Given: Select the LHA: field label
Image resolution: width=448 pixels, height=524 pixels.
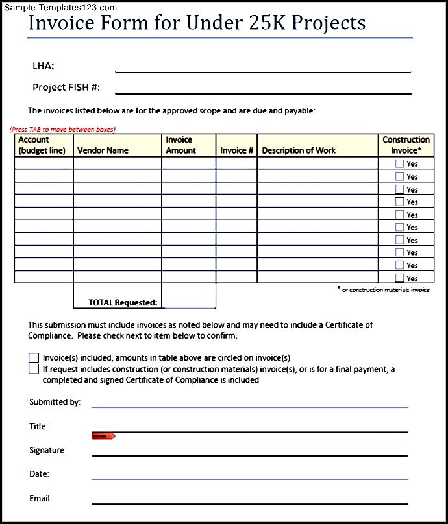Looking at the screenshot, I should coord(44,65).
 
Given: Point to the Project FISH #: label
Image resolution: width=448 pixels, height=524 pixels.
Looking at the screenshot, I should coord(66,87).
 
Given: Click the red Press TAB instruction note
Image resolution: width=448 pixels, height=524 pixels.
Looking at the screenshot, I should coord(63,129).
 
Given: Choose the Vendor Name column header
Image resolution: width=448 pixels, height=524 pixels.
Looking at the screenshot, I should coord(103,150).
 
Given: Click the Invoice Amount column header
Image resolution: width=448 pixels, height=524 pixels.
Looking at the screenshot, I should coord(180,145).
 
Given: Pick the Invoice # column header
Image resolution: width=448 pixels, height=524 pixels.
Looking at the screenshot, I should coord(237,150).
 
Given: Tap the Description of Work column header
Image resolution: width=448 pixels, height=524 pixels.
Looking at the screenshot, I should coord(299,150).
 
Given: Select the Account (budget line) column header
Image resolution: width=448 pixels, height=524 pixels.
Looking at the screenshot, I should coord(42,145).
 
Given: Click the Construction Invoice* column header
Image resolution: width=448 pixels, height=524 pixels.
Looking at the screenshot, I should coord(406,145).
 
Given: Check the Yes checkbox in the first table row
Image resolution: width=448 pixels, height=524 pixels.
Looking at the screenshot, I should coord(399,164).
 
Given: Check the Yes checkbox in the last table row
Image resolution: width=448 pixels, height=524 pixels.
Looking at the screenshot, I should coord(399,278).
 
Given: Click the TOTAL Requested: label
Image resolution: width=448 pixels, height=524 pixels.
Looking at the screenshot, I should coord(123,302).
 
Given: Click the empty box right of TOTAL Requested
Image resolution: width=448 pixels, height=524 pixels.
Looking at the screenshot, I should coord(188,296).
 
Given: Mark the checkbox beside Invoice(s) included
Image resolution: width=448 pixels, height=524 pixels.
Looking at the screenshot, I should coord(34,357).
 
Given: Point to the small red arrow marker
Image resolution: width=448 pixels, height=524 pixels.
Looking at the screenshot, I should coord(103,436).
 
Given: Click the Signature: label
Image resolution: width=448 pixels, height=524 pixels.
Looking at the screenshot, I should coord(48,450).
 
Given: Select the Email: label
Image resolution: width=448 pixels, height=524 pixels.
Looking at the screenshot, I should coord(41,499).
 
